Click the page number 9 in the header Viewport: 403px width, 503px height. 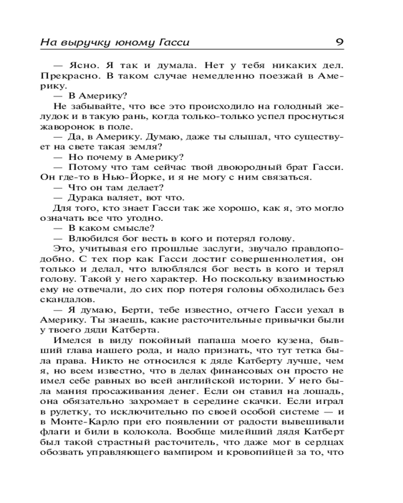pos(339,42)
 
